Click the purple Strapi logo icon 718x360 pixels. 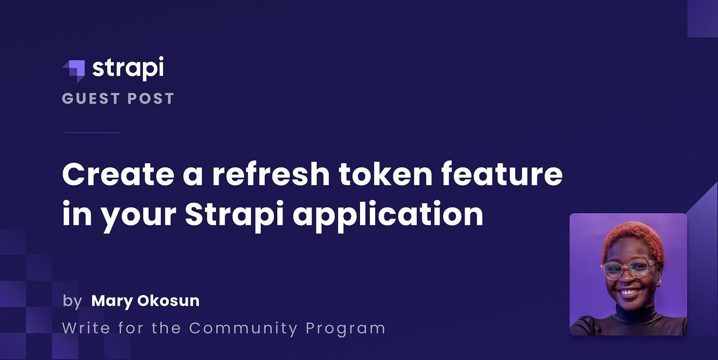74,71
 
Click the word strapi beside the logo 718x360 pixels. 128,68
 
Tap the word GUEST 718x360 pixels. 91,98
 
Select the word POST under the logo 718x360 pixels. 151,98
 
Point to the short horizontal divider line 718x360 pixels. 92,132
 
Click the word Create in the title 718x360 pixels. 118,174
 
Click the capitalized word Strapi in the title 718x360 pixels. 234,214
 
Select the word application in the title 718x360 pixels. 388,214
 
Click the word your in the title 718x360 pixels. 138,217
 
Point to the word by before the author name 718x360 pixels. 72,301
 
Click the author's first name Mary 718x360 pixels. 112,301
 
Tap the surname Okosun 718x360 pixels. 169,301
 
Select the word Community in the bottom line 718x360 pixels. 243,329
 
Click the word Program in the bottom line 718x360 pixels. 345,329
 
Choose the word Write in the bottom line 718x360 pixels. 86,328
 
